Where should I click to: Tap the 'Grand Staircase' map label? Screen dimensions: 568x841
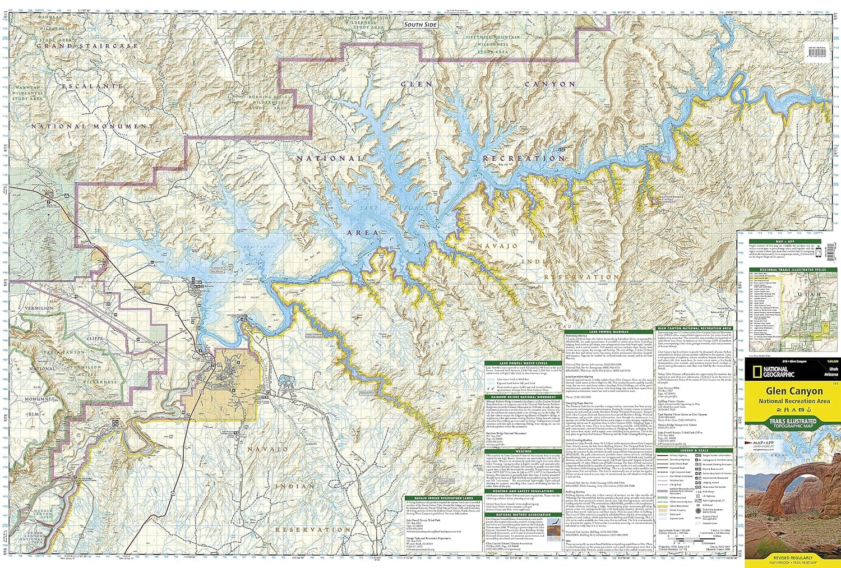95,45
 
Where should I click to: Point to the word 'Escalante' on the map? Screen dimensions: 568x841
93,86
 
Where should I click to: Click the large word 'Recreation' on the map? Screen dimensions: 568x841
524,159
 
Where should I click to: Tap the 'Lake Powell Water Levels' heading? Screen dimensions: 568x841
523,363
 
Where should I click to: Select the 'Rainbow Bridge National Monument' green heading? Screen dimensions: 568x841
523,397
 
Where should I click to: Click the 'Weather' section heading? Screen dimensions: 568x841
523,450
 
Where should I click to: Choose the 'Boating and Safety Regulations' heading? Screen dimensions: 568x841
523,491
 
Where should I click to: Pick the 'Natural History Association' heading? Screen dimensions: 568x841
523,514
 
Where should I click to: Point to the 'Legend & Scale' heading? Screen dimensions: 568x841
694,450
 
